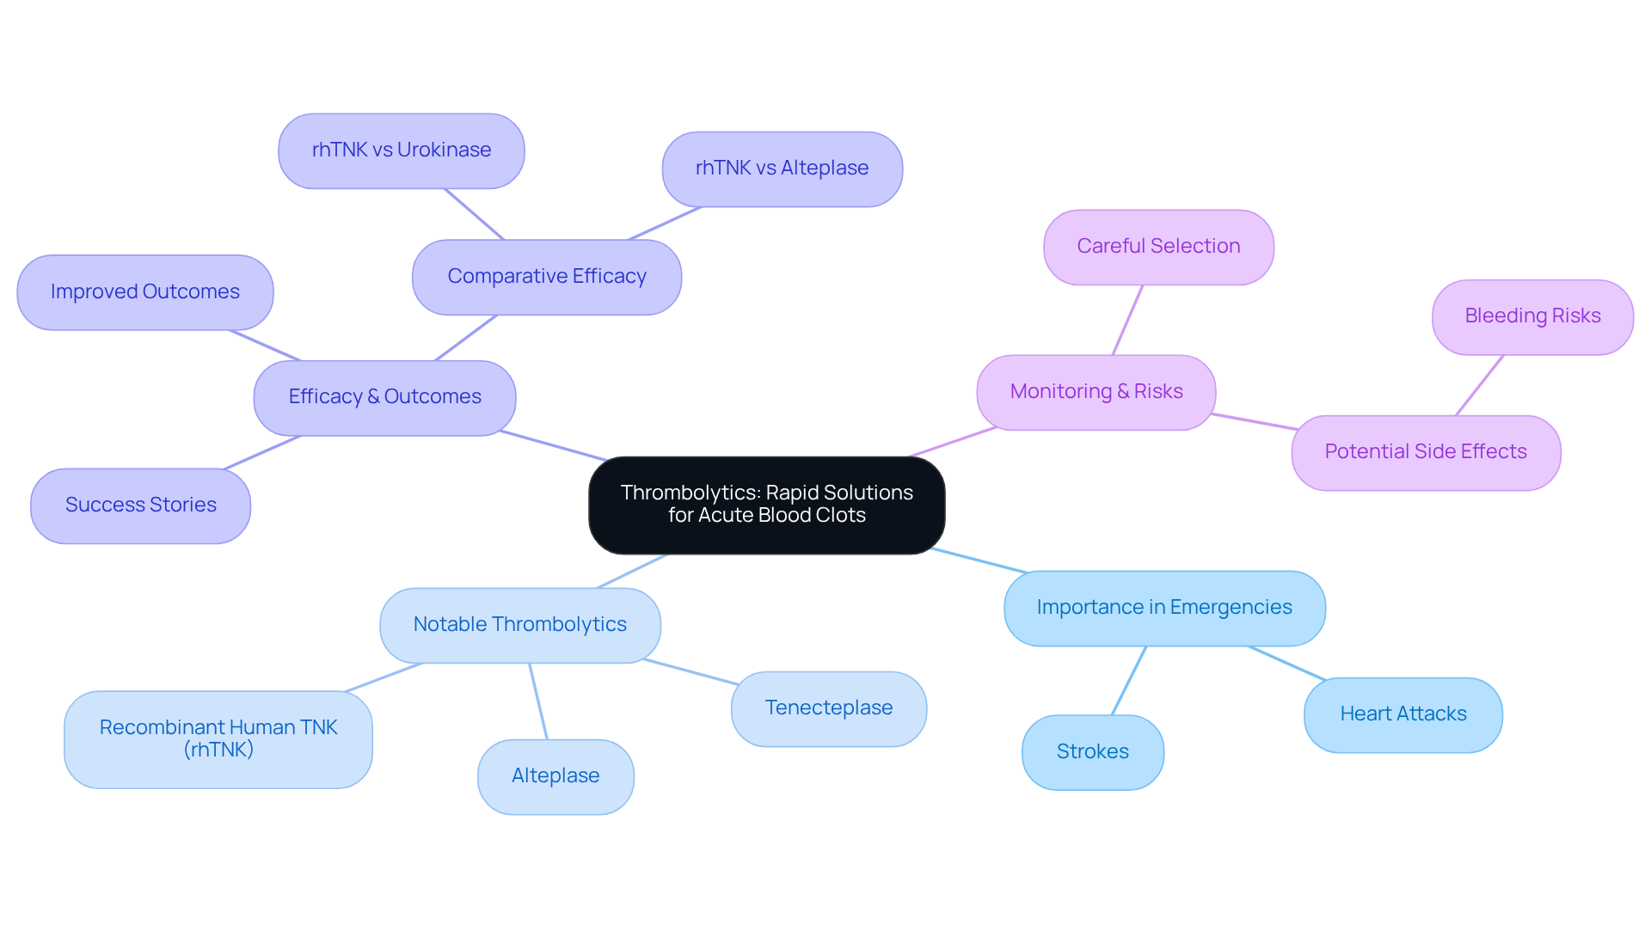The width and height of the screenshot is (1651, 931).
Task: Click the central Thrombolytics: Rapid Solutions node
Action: (766, 505)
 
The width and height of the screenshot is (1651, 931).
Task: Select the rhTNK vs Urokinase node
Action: (401, 150)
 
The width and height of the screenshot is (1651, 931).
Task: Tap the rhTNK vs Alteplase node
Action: (782, 168)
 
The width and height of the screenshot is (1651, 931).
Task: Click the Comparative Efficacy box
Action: (546, 277)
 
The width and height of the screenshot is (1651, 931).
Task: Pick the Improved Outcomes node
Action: (144, 292)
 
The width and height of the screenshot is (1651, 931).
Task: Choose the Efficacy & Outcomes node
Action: (384, 397)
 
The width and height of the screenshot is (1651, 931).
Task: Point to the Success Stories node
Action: (140, 505)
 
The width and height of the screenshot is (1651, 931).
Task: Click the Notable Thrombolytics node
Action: (519, 625)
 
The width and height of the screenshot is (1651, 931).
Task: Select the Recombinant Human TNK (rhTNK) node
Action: (218, 739)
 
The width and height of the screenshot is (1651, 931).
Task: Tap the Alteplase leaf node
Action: (555, 776)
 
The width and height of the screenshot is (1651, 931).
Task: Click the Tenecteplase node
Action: (828, 708)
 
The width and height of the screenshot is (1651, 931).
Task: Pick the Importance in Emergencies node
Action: (1163, 608)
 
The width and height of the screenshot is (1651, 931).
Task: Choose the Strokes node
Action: (1092, 752)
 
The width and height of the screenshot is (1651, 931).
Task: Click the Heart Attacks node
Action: (1402, 714)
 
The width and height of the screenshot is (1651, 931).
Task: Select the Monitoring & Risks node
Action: (1096, 392)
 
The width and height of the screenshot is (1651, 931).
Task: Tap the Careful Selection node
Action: (1157, 247)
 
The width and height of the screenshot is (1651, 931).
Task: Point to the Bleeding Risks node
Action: (1531, 316)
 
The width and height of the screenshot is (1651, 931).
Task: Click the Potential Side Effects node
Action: (1425, 452)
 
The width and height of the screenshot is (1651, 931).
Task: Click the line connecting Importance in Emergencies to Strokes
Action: (1129, 680)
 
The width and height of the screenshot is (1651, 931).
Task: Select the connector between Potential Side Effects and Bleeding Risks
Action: (1479, 385)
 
